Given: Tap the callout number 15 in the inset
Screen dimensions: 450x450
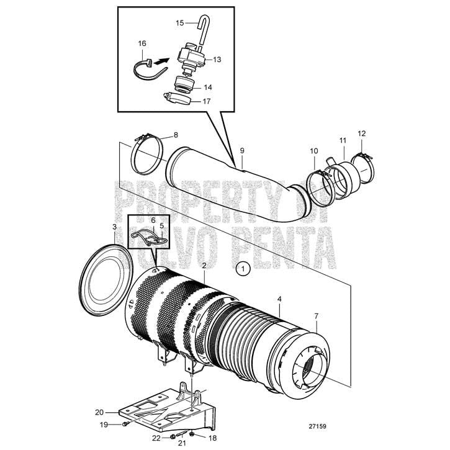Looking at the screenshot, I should tap(180, 23).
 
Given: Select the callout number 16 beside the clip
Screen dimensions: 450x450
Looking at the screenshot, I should tap(142, 44).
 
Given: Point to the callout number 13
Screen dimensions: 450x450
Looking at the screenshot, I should tap(217, 60).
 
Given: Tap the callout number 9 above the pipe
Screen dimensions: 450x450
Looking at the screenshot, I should tap(241, 151).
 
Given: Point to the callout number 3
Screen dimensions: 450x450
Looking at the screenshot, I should tap(114, 227).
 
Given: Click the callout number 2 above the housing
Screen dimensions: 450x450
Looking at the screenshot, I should tap(204, 266).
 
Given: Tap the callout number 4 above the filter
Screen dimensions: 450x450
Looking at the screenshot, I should tap(279, 299).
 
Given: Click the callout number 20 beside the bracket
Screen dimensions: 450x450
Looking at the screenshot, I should tap(99, 412).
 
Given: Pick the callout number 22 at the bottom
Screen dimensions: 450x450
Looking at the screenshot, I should tap(156, 438).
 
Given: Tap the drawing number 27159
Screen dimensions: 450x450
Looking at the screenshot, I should tap(317, 426).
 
